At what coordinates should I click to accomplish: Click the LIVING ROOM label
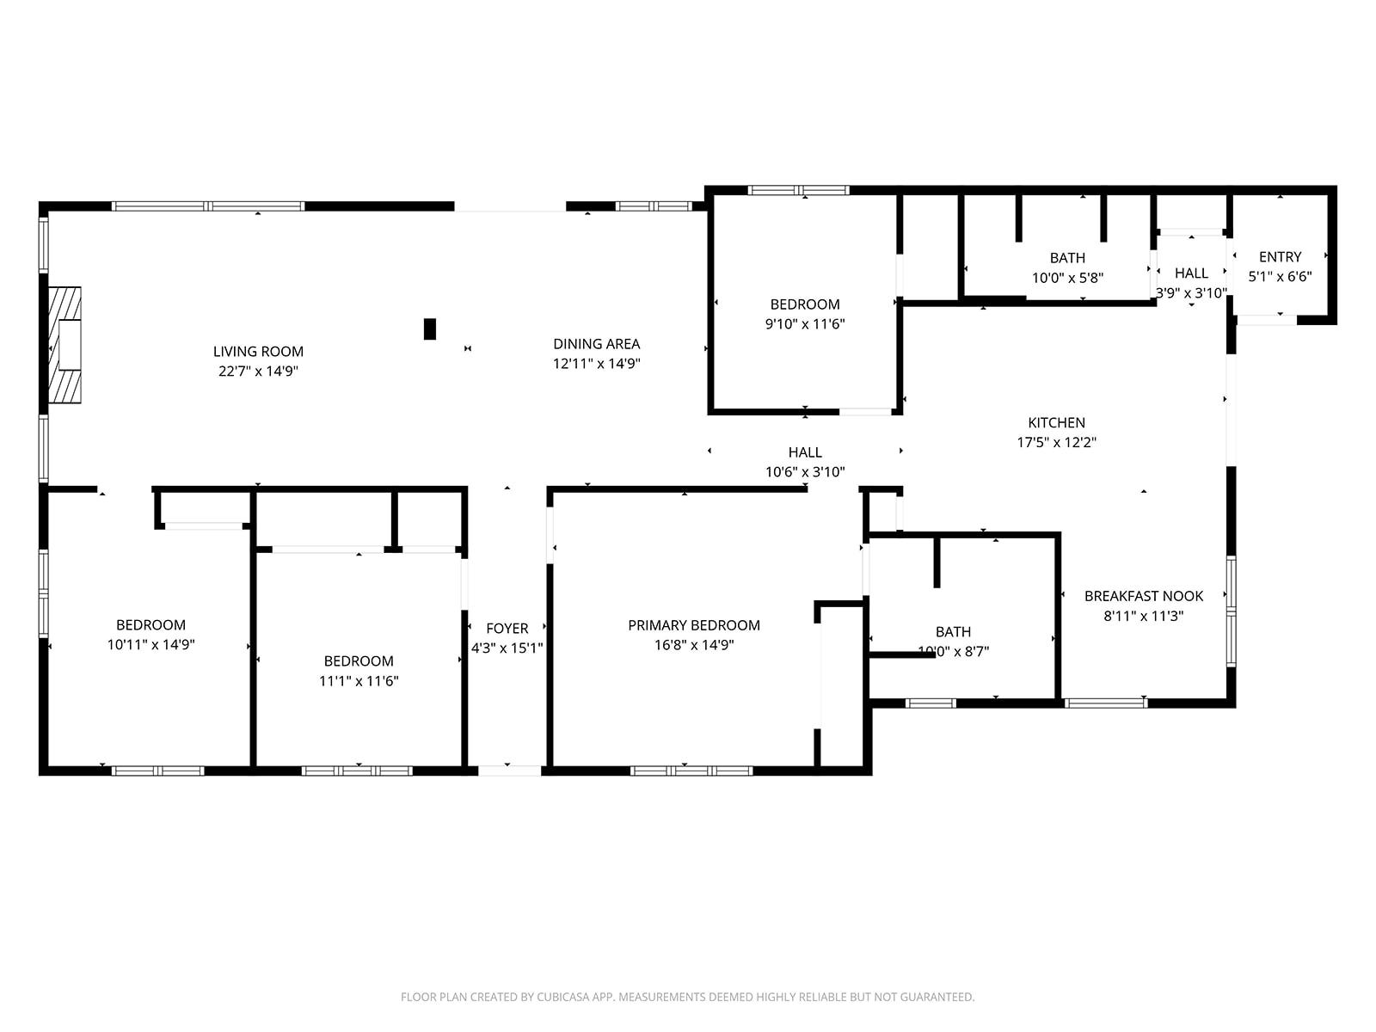click(258, 352)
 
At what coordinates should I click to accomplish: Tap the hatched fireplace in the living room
click(65, 345)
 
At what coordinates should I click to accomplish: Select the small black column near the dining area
click(429, 329)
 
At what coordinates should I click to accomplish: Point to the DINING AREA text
click(596, 344)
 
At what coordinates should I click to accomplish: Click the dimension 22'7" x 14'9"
click(258, 371)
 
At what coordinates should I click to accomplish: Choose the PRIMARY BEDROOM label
click(694, 625)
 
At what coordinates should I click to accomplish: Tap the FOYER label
click(507, 629)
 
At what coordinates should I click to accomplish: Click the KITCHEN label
click(1056, 423)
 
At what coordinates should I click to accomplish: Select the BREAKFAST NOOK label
click(1144, 597)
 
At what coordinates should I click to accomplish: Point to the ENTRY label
click(1280, 257)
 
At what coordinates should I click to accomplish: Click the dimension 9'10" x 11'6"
click(805, 324)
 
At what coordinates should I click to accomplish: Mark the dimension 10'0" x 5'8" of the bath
click(1067, 278)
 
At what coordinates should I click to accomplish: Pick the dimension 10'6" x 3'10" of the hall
click(805, 472)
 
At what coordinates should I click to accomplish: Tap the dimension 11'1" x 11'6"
click(359, 681)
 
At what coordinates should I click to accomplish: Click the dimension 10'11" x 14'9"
click(151, 645)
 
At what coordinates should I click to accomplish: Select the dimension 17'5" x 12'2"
click(1056, 442)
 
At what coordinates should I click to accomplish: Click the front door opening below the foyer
click(510, 771)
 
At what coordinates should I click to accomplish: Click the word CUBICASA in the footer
click(563, 997)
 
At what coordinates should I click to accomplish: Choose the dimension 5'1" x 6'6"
click(1280, 276)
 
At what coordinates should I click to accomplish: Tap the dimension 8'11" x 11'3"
click(1144, 616)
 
